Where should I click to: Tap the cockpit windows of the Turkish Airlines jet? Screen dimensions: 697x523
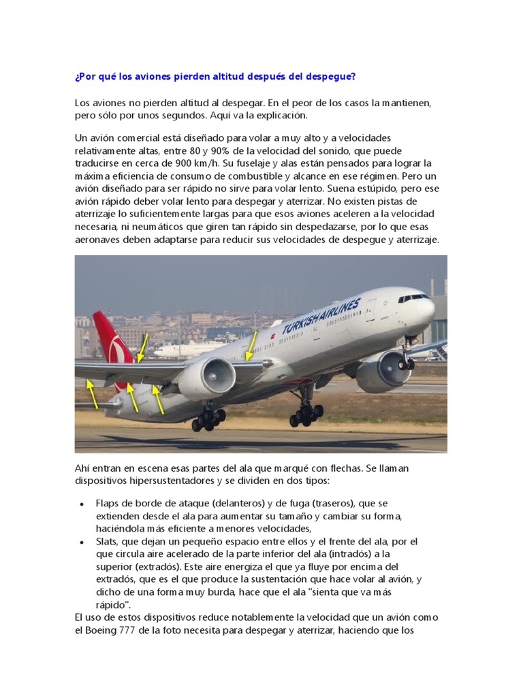tap(414, 298)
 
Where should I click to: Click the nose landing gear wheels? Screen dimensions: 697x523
tap(407, 363)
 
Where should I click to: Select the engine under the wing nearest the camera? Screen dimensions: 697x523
tap(207, 378)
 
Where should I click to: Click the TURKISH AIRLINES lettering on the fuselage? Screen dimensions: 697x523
tap(321, 317)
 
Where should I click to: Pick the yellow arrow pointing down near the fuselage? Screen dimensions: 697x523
tap(251, 346)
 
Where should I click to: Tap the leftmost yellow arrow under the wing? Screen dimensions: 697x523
tap(91, 394)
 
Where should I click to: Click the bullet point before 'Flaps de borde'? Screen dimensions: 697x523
tap(82, 504)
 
